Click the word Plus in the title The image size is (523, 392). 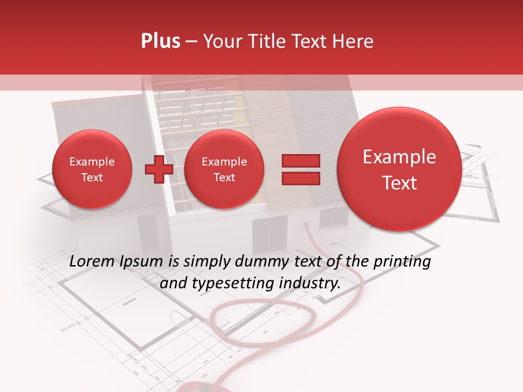pyautogui.click(x=160, y=41)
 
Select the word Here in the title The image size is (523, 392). pyautogui.click(x=354, y=41)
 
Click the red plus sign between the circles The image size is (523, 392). pyautogui.click(x=159, y=169)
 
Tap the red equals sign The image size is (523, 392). pyautogui.click(x=300, y=169)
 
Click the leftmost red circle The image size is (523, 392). pyautogui.click(x=92, y=169)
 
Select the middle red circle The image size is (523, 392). pyautogui.click(x=224, y=169)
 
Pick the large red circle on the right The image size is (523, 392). pyautogui.click(x=399, y=169)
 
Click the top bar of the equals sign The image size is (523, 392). pyautogui.click(x=300, y=161)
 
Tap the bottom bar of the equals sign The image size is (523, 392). pyautogui.click(x=300, y=178)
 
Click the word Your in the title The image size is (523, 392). pyautogui.click(x=221, y=41)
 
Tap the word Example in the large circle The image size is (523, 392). pyautogui.click(x=399, y=157)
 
